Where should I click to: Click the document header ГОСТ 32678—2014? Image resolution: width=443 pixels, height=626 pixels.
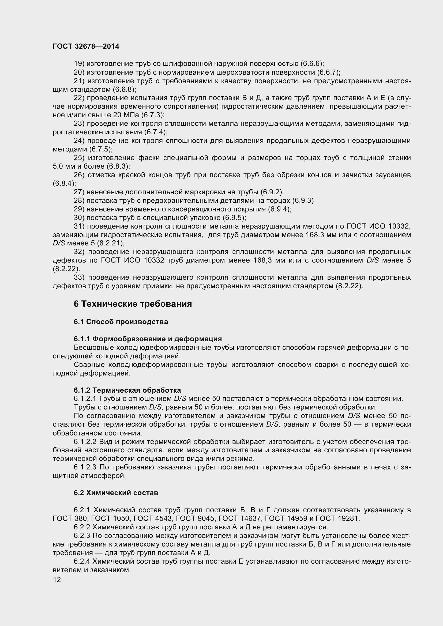(x=86, y=46)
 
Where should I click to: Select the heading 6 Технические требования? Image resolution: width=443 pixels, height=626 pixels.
(x=133, y=304)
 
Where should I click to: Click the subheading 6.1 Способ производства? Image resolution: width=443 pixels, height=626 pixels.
(x=121, y=322)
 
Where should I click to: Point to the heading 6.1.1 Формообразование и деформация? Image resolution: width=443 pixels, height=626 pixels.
(x=148, y=339)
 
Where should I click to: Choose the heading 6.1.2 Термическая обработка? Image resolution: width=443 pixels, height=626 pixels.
(x=127, y=390)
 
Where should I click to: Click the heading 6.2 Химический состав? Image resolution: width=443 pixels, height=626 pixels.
(x=116, y=493)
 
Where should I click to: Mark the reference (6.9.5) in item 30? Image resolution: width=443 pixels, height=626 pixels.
(x=234, y=218)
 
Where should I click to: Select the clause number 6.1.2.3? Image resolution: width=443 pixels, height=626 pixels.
(x=85, y=467)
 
